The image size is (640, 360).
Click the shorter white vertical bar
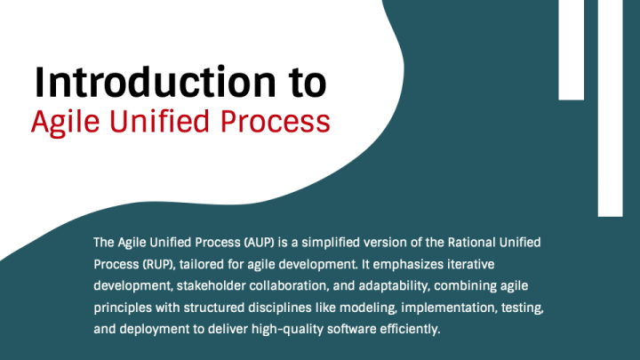(571, 50)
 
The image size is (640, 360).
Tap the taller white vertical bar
(610, 108)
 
